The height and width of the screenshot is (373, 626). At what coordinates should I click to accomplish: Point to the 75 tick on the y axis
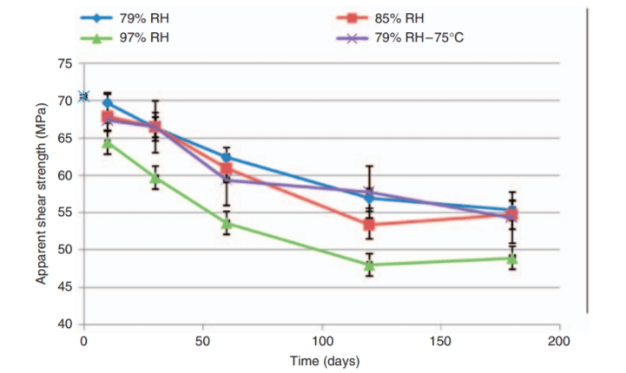[65, 64]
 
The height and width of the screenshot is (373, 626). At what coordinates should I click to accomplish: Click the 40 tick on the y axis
[65, 324]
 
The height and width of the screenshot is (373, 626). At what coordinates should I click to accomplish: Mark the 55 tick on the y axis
[65, 213]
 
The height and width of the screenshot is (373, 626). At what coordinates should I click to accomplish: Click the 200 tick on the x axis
[558, 339]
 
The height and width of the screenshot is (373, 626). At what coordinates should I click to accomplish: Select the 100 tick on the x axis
[321, 339]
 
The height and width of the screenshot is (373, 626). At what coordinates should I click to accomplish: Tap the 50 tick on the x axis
[202, 339]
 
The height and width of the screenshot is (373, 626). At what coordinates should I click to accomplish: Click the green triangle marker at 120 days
[369, 265]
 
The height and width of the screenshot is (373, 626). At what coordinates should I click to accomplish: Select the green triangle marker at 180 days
[512, 258]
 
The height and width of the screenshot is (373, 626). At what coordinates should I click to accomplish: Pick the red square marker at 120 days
[369, 225]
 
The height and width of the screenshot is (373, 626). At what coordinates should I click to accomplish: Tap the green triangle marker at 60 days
[227, 223]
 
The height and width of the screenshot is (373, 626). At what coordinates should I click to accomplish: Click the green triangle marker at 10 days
[108, 142]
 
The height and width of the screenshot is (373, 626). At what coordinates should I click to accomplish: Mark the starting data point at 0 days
[84, 96]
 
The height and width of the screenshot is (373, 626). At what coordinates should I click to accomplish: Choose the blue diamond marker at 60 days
[227, 158]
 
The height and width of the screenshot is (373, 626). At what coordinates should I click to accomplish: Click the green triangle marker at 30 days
[155, 177]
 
